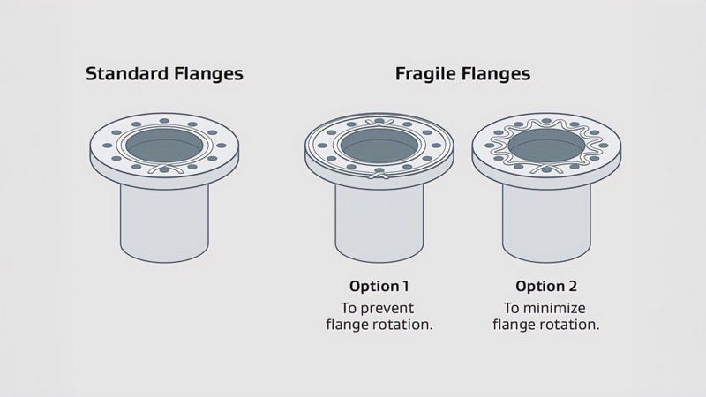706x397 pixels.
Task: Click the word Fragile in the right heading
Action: pos(425,74)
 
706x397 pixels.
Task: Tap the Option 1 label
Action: pos(379,286)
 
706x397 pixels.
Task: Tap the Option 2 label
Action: pos(546,286)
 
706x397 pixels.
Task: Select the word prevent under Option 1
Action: pos(387,309)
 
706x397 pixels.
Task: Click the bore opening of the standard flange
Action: pos(164,146)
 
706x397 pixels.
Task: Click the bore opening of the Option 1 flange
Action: pos(379,146)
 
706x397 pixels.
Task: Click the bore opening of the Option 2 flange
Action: pos(546,146)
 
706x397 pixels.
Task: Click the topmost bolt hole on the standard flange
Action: pos(164,121)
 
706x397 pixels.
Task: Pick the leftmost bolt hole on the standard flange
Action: pos(107,146)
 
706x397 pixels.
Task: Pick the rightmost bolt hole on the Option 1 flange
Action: pos(436,146)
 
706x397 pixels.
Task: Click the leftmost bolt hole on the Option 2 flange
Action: pos(490,146)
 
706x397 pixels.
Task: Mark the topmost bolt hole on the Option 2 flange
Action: pos(546,121)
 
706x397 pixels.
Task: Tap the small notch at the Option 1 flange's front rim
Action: pos(379,176)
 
